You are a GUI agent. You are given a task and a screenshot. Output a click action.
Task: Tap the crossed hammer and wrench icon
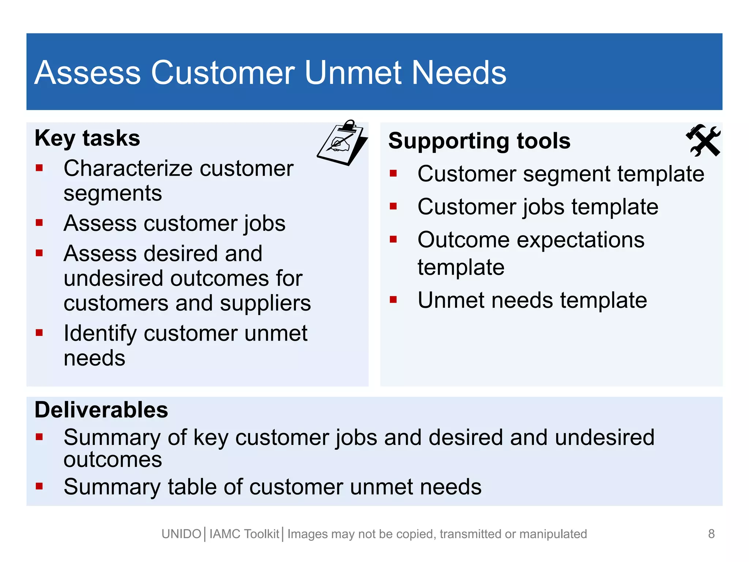coord(703,140)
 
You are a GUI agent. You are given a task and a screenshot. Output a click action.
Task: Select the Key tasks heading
coord(87,138)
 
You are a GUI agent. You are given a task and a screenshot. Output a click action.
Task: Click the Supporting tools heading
coord(479,141)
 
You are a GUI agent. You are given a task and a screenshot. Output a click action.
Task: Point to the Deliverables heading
coord(101,410)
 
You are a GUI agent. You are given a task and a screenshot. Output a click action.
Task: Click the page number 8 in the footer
coord(711,534)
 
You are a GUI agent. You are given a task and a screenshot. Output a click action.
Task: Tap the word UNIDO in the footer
coord(181,534)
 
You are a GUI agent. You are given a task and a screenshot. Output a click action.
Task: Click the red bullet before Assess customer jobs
coord(39,222)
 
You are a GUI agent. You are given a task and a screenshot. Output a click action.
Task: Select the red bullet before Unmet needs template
coord(393,300)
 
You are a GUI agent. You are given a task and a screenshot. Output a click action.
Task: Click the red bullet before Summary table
coord(39,486)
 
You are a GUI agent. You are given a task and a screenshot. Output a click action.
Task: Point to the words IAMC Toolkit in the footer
coord(244,534)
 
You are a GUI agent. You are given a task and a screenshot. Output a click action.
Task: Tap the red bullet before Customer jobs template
coord(393,206)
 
